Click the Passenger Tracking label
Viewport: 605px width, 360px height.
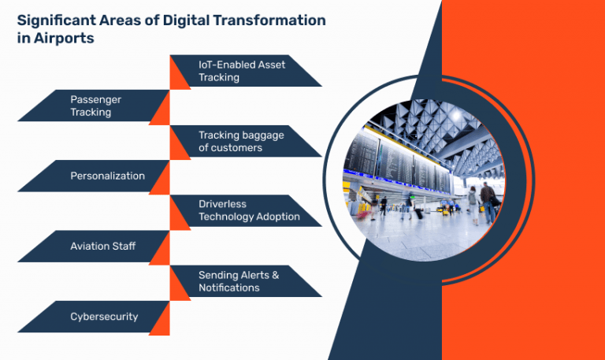[95, 106]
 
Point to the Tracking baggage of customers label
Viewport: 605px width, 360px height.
[241, 141]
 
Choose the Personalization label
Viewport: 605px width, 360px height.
[107, 176]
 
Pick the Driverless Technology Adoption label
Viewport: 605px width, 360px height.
[249, 210]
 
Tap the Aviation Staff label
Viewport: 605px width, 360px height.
[102, 246]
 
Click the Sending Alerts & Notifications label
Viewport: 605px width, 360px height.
[239, 281]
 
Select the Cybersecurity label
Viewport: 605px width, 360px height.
[104, 316]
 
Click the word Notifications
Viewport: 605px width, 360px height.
[228, 288]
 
